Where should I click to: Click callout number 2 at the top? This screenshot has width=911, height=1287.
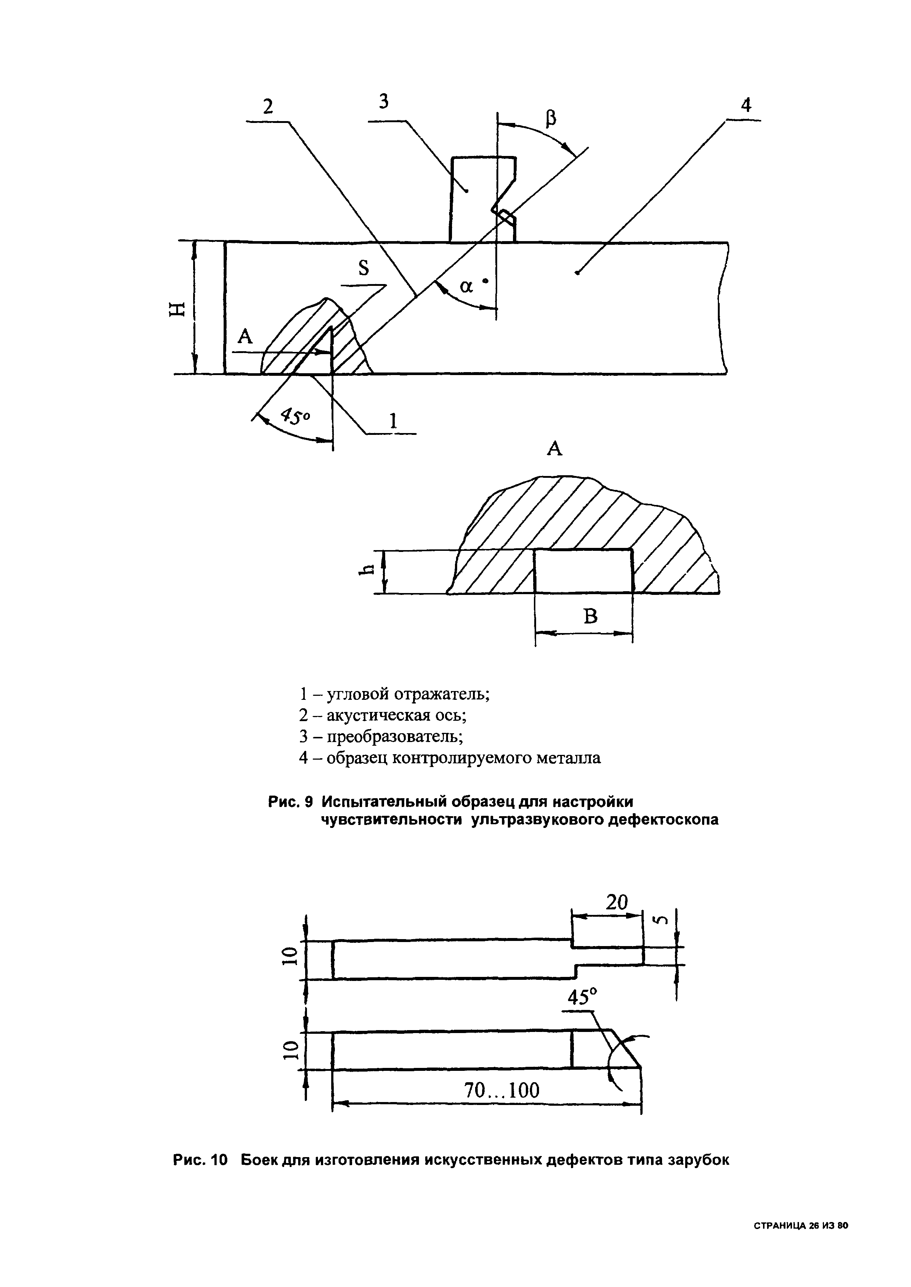pos(268,106)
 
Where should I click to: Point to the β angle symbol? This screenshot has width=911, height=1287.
pos(552,118)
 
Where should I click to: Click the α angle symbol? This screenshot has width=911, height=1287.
pos(467,287)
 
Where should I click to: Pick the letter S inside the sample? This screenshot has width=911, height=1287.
pos(364,270)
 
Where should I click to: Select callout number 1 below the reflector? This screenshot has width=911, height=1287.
pos(393,421)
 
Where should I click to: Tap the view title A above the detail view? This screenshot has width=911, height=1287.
pos(554,448)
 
